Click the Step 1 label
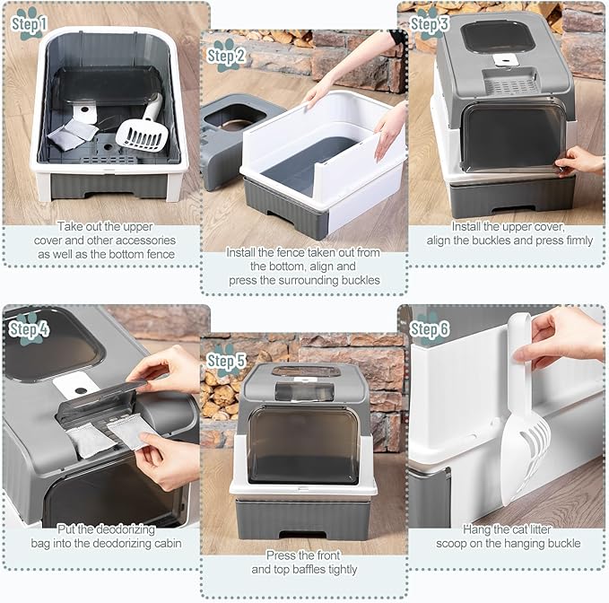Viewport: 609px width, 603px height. [29, 24]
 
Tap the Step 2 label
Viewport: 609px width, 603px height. [226, 56]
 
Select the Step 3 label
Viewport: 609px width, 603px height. [430, 24]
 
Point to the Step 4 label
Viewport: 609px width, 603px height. [29, 329]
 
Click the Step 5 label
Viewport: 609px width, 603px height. [226, 361]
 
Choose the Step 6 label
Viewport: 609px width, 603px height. [430, 329]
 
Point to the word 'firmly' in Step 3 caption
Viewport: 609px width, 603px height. [579, 240]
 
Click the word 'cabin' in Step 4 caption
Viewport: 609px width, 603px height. [167, 543]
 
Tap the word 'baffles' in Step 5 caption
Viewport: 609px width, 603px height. [309, 570]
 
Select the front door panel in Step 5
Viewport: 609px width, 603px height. [303, 445]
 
